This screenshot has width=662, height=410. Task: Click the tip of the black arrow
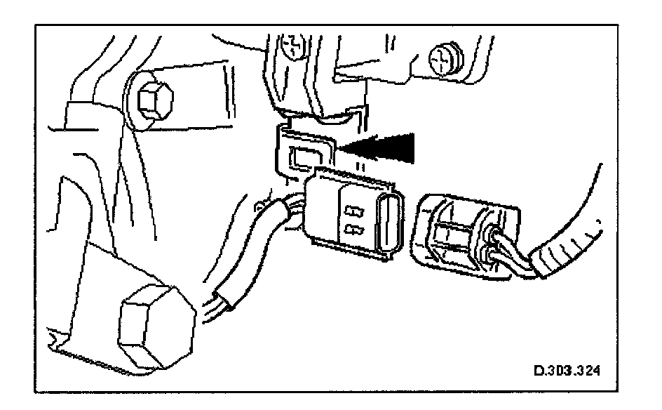tap(341, 147)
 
